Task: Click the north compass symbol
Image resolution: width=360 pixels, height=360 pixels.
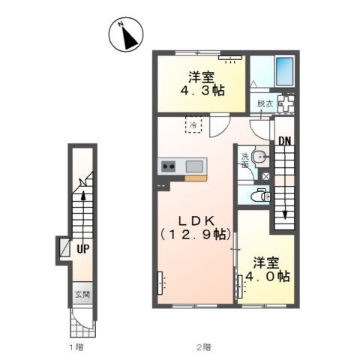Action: [126, 34]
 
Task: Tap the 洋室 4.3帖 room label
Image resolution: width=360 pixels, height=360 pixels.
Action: [202, 84]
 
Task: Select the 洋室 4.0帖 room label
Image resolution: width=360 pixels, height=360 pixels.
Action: [267, 269]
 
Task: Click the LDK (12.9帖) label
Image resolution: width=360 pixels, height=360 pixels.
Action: [196, 228]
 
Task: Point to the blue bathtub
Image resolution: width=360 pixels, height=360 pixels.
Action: [285, 71]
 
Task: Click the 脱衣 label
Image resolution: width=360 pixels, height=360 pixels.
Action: [265, 103]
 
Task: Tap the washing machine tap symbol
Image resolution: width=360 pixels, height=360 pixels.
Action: [286, 103]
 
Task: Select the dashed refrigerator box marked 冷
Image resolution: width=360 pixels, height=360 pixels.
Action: [193, 124]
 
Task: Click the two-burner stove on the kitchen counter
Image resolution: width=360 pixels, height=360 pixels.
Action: [168, 166]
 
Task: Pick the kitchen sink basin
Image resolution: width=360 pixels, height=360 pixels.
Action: [194, 166]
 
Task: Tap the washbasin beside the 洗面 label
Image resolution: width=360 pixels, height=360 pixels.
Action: [260, 157]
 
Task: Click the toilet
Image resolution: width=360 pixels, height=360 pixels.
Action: [259, 196]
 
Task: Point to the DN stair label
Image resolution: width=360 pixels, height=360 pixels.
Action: [285, 142]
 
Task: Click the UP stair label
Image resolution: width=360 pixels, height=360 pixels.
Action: [82, 249]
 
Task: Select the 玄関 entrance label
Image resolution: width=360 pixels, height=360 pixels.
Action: [82, 295]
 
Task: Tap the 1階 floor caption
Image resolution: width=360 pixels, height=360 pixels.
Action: [76, 347]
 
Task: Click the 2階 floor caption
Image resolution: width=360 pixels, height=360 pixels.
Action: [204, 347]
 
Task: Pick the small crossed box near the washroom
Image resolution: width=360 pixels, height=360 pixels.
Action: [265, 176]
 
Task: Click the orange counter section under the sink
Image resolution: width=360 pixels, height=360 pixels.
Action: [196, 178]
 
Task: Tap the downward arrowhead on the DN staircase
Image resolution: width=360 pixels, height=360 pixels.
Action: [285, 214]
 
